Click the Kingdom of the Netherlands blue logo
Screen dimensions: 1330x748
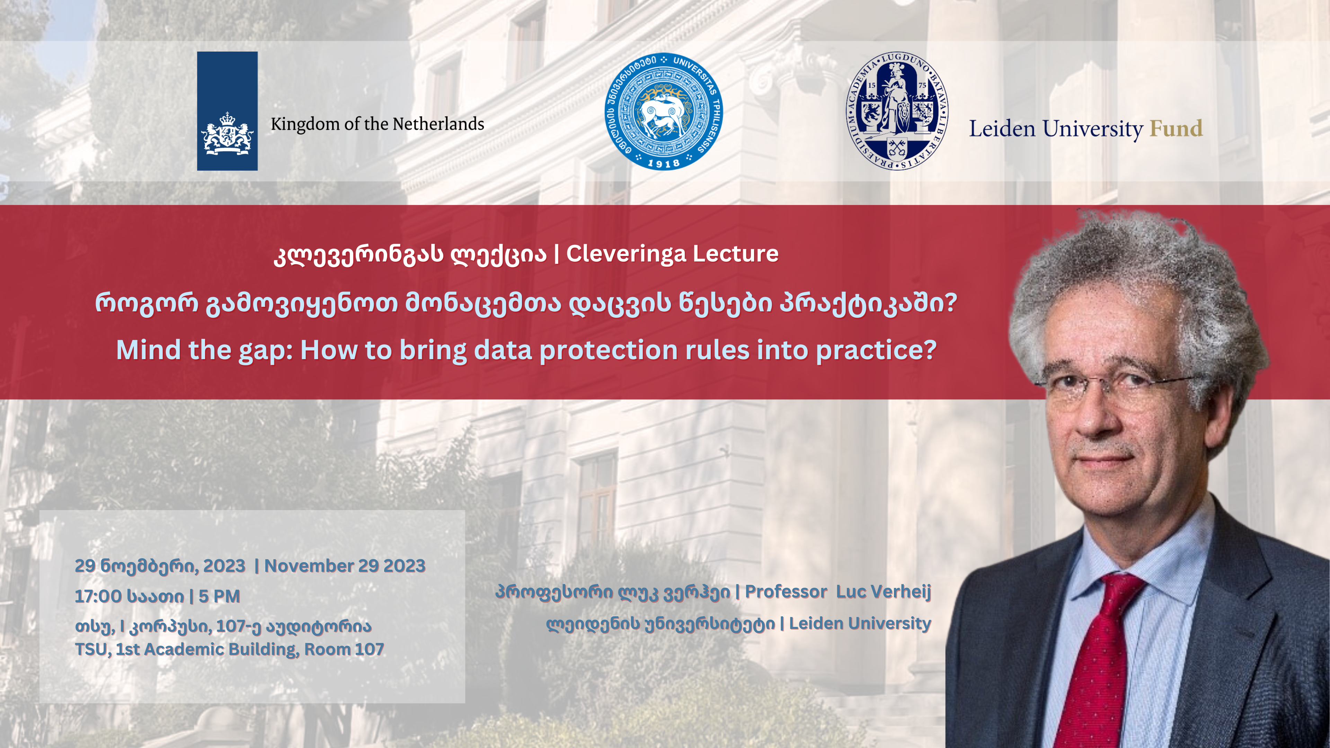coord(227,111)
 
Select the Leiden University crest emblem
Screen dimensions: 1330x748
coord(897,111)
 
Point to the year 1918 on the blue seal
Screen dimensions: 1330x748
coord(664,163)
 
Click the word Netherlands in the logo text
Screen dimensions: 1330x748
coord(438,124)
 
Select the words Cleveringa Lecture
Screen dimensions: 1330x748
coord(672,253)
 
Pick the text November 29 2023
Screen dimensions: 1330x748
coord(345,566)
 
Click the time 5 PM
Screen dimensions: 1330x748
coord(220,596)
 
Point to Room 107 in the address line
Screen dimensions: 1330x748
coord(344,649)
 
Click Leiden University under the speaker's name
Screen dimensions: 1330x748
coord(860,624)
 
